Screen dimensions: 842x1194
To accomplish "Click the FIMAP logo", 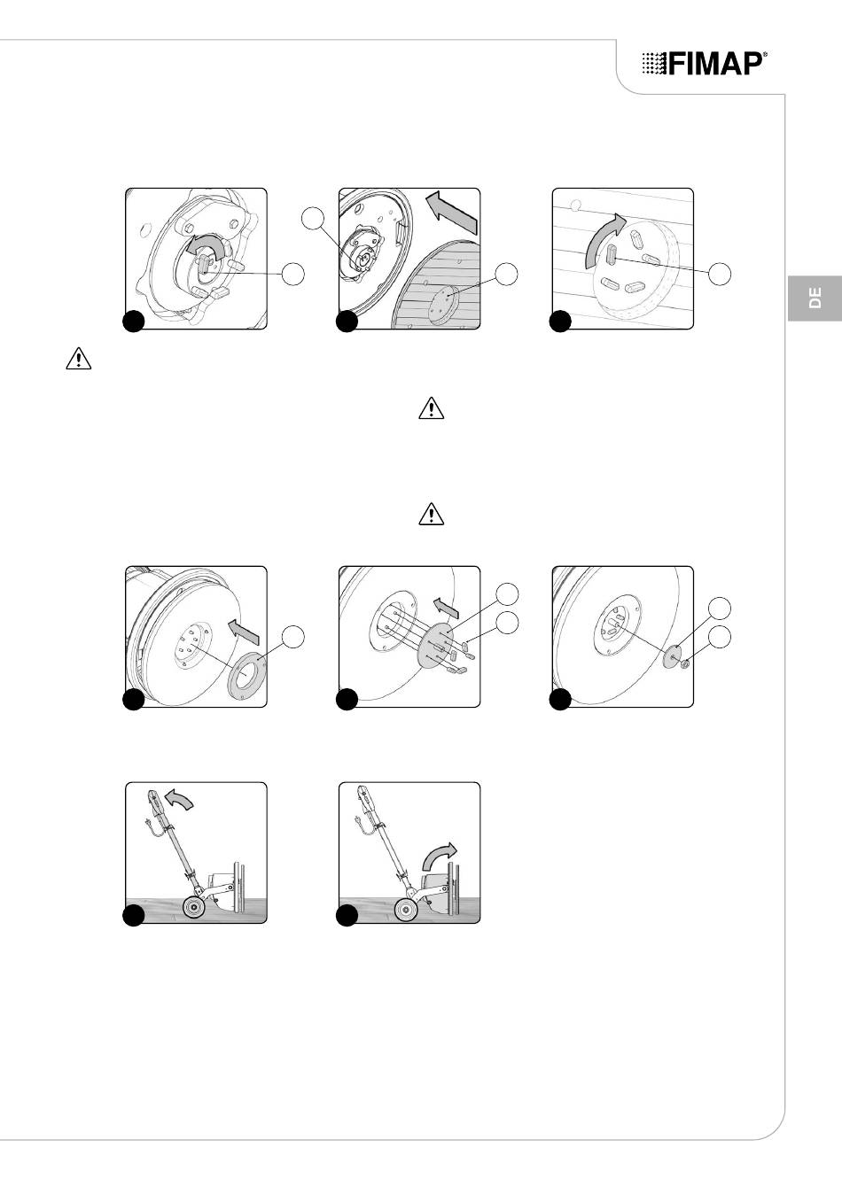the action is [705, 64].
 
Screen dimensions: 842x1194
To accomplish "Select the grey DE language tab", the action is [815, 298].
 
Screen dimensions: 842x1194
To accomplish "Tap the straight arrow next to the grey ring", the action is [243, 632].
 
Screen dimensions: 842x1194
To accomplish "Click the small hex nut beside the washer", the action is [685, 663].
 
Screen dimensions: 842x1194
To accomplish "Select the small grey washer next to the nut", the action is [672, 655].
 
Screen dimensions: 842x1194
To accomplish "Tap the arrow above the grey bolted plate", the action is [445, 609].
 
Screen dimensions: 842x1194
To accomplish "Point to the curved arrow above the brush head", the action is [440, 857].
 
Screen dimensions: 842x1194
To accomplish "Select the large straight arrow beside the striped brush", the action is [452, 213].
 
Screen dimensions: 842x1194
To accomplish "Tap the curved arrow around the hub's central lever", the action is [206, 245].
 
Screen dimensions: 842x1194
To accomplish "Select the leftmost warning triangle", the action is [78, 359].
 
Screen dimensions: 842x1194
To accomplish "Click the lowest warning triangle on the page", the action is [432, 515].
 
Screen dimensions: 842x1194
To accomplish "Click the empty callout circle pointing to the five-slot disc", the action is [720, 274].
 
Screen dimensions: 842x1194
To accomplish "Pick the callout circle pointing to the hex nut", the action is [720, 637].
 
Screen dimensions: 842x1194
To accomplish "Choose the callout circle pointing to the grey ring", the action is [292, 637].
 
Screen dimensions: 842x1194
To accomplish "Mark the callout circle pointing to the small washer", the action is [720, 609].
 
